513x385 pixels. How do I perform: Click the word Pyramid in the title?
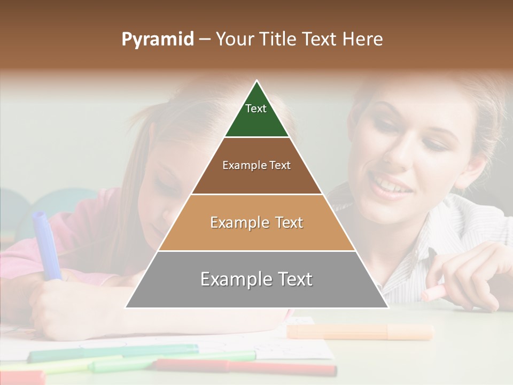[x=157, y=40]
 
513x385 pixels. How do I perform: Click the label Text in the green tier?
[x=256, y=109]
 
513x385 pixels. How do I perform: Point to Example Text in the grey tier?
[x=256, y=279]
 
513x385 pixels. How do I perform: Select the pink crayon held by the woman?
[x=434, y=292]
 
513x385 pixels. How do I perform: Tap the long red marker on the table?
[x=246, y=367]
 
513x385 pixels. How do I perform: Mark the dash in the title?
[x=203, y=40]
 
